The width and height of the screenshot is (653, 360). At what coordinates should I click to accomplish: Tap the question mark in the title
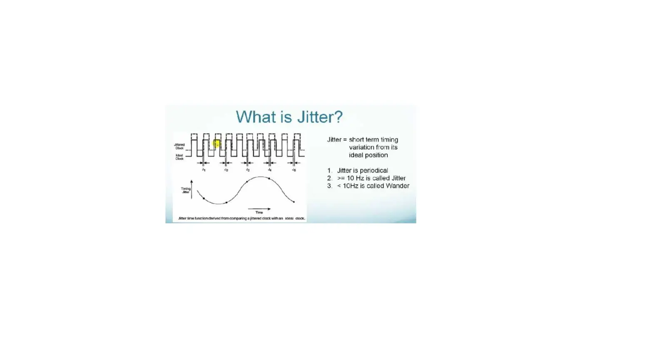[x=338, y=117]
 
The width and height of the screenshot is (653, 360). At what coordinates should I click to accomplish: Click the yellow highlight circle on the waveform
[x=216, y=144]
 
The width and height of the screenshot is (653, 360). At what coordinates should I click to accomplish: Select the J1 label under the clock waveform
[x=204, y=170]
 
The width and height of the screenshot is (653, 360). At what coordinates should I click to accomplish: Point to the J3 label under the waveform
[x=248, y=170]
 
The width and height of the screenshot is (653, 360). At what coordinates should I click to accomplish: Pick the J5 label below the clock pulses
[x=294, y=170]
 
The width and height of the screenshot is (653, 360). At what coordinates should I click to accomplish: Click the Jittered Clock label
[x=179, y=146]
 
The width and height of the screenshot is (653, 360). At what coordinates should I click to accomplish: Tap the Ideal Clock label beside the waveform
[x=179, y=157]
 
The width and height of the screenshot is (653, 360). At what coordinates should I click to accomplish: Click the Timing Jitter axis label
[x=185, y=190]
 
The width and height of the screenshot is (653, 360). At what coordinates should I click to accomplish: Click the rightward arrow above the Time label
[x=259, y=208]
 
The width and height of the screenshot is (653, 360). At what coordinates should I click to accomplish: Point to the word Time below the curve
[x=259, y=212]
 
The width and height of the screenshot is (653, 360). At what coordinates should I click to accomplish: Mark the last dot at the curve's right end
[x=294, y=202]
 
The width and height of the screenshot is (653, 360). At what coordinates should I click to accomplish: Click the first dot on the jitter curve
[x=204, y=198]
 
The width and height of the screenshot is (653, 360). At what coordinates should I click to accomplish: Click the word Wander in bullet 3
[x=397, y=186]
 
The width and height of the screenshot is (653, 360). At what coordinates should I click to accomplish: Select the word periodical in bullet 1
[x=374, y=170]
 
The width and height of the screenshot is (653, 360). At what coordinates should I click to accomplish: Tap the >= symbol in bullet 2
[x=341, y=178]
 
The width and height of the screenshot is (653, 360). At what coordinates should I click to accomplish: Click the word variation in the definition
[x=362, y=147]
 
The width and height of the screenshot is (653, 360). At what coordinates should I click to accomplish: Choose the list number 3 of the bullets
[x=329, y=186]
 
